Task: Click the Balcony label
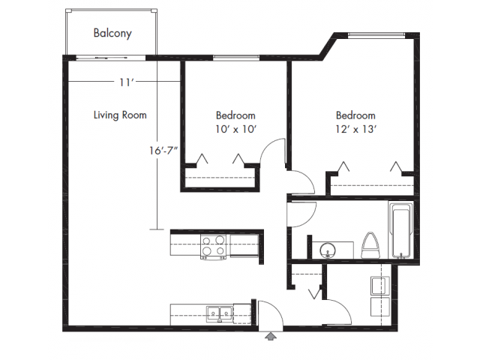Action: tap(112, 33)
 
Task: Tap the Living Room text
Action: tap(120, 115)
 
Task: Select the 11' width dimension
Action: tap(125, 82)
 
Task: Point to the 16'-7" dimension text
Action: tap(163, 151)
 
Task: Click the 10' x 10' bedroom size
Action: tap(235, 129)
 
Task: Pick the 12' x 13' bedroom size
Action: tap(355, 129)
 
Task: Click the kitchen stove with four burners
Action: tap(213, 247)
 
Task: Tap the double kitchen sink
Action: tap(220, 313)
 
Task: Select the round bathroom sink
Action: tap(328, 250)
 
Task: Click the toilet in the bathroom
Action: tap(370, 245)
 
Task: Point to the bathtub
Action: tap(401, 229)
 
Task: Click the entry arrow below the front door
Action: tap(270, 337)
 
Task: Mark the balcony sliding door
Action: tap(110, 58)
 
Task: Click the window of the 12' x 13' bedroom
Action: tap(376, 35)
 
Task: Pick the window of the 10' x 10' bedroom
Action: tap(236, 58)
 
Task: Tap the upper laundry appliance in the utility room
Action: tap(380, 285)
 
